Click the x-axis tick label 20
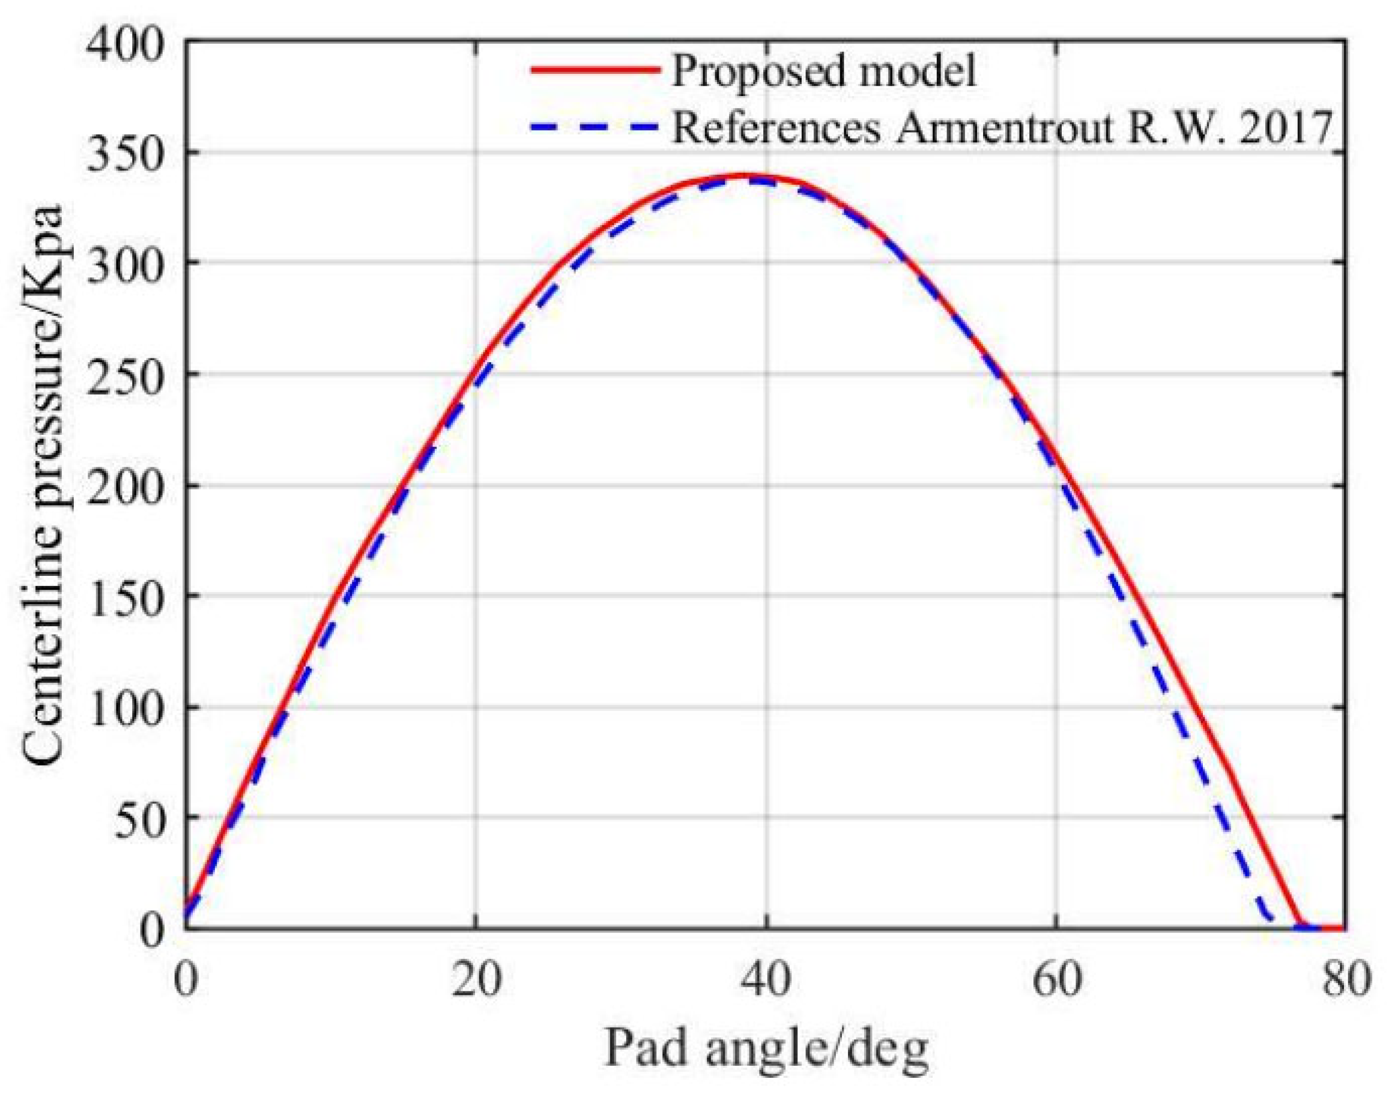click(x=475, y=980)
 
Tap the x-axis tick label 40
click(x=765, y=980)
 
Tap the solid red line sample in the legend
click(x=596, y=69)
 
